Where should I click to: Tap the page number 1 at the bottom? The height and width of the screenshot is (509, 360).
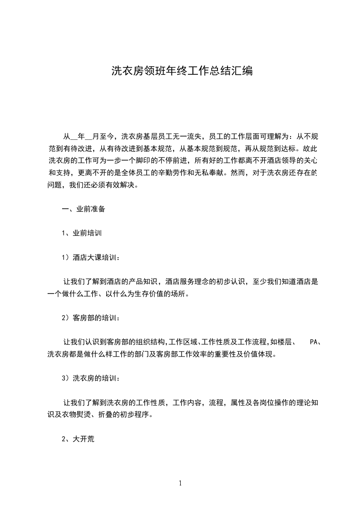(180, 483)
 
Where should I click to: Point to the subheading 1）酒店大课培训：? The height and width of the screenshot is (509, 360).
(91, 258)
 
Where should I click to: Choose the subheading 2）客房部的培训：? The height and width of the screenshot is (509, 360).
(91, 318)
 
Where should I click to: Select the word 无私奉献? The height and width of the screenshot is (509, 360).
(228, 173)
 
